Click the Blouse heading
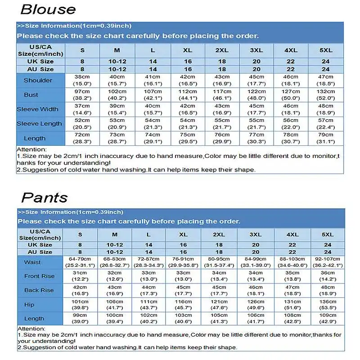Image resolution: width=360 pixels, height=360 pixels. point(48,9)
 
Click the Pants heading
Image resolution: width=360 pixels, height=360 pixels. point(45,197)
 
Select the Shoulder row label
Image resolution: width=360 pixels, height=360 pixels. point(38,81)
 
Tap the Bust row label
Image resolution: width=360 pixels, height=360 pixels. point(31,95)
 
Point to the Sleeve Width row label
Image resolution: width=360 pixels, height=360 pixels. point(37,109)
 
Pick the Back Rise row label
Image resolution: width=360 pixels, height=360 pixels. point(39,290)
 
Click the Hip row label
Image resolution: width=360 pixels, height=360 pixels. point(29,305)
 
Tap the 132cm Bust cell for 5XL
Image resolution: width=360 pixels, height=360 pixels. point(325,94)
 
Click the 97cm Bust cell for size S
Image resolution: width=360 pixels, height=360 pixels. point(82,94)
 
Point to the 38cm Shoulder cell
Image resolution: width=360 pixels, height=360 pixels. point(82,80)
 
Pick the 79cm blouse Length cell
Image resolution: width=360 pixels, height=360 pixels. point(325,138)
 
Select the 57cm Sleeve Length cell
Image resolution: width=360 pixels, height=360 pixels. point(325,123)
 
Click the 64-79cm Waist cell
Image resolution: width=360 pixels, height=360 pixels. point(81,262)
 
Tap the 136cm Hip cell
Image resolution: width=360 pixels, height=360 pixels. point(328,304)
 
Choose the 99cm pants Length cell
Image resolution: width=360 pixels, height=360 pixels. point(81,318)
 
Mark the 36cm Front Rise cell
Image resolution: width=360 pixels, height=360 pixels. point(328,276)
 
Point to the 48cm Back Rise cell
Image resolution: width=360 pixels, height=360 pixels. point(328,290)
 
